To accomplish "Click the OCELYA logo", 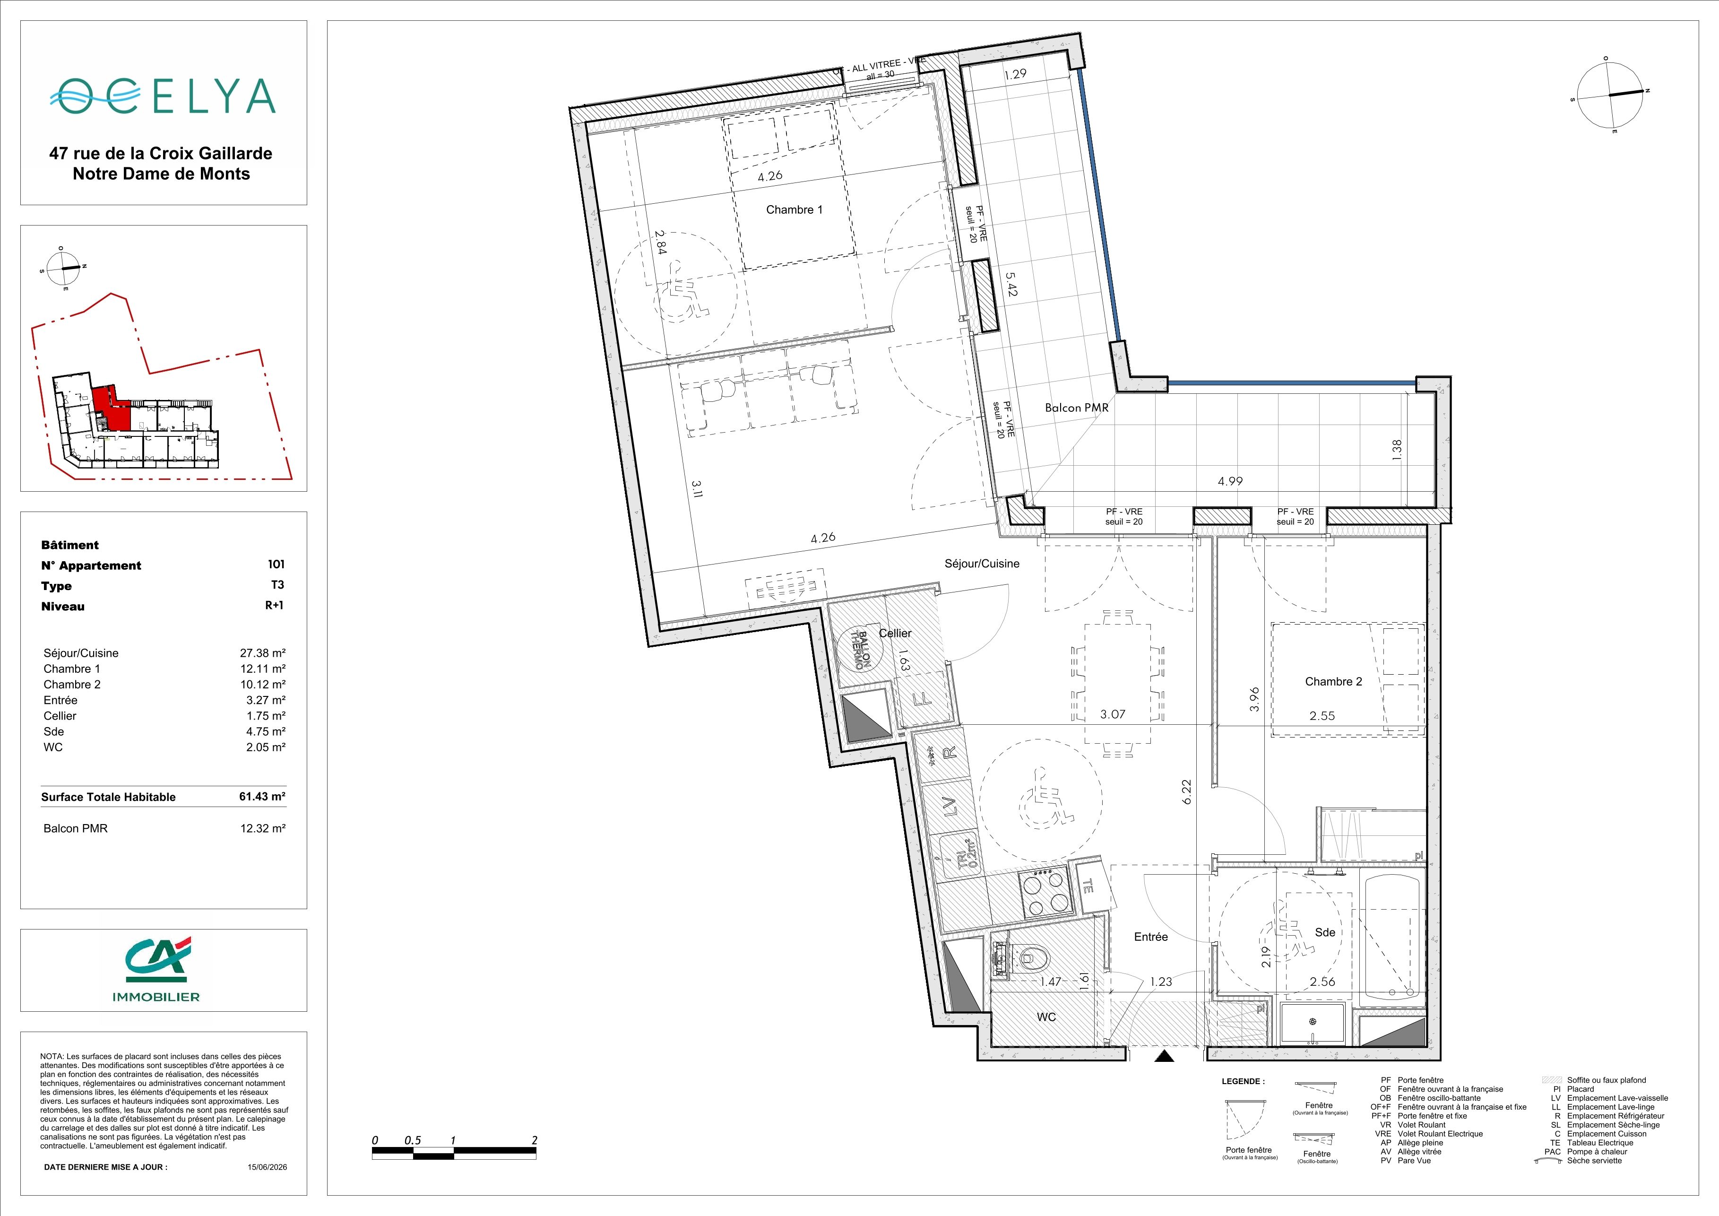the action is pos(163,95).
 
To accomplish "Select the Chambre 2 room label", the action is pos(1333,681).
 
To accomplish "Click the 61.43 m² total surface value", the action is pos(262,797).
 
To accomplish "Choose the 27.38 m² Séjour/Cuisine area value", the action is pos(263,653).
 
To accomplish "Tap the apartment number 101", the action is pos(276,564).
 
